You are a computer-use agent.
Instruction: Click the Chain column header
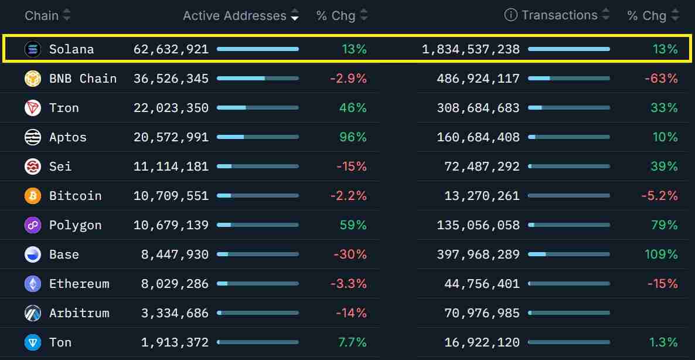pyautogui.click(x=42, y=15)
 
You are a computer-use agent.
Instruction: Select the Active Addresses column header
pyautogui.click(x=234, y=16)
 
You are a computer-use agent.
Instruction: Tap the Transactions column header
pyautogui.click(x=559, y=15)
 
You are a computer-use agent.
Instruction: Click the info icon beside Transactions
pyautogui.click(x=511, y=15)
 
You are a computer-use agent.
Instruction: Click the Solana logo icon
pyautogui.click(x=33, y=49)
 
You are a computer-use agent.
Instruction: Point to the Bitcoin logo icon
pyautogui.click(x=33, y=196)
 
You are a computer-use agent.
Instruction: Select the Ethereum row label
pyautogui.click(x=79, y=284)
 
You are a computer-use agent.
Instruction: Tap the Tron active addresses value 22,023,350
pyautogui.click(x=171, y=108)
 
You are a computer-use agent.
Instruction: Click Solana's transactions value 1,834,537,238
pyautogui.click(x=471, y=49)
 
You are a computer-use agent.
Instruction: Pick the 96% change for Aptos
pyautogui.click(x=353, y=137)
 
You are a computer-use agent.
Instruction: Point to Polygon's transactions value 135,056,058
pyautogui.click(x=478, y=225)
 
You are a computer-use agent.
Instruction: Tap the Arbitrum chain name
pyautogui.click(x=79, y=313)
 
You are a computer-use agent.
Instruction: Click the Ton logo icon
pyautogui.click(x=33, y=342)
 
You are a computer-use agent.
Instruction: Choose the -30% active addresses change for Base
pyautogui.click(x=350, y=254)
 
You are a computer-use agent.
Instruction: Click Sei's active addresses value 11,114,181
pyautogui.click(x=171, y=167)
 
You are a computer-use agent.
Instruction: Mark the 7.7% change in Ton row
pyautogui.click(x=353, y=342)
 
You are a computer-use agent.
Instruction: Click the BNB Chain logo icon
pyautogui.click(x=33, y=79)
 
